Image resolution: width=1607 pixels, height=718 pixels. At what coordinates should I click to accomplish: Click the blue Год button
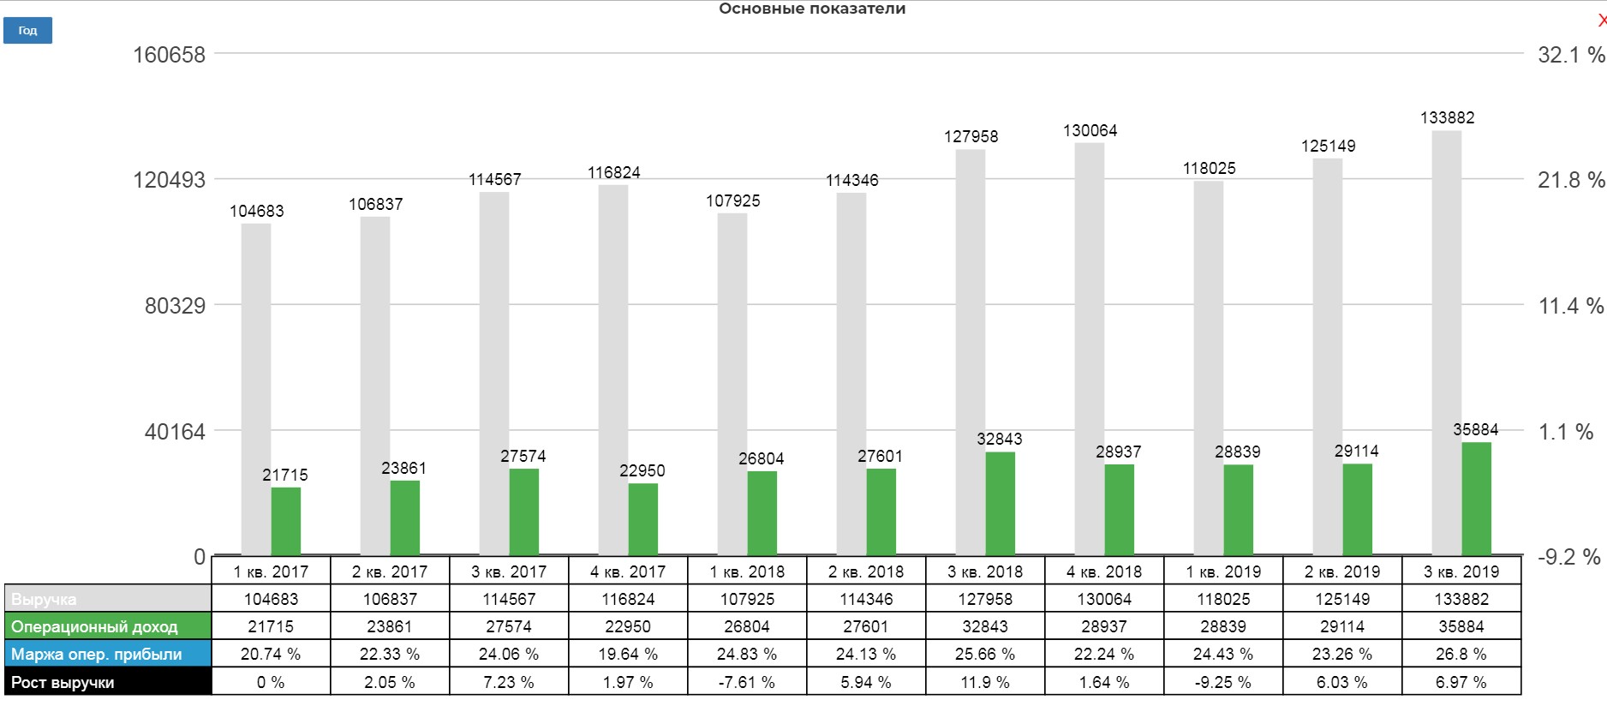[27, 31]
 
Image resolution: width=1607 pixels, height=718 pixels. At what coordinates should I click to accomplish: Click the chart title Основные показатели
[811, 9]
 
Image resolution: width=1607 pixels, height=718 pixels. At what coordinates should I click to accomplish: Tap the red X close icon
[1601, 21]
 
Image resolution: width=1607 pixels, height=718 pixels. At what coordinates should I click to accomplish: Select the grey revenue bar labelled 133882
[1447, 343]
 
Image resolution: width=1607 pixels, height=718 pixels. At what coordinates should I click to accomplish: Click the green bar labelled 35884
[1476, 499]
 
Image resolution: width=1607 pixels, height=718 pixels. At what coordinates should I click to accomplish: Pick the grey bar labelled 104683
[256, 389]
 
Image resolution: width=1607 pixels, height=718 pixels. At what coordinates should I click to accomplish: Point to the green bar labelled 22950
[642, 519]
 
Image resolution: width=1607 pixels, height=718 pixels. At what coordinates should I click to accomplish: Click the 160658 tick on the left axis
[169, 55]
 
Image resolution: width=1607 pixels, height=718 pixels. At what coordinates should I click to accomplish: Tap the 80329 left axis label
[175, 306]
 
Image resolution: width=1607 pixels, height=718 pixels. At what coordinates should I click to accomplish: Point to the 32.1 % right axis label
[1570, 55]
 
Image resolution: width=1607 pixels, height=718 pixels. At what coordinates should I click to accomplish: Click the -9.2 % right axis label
[1568, 557]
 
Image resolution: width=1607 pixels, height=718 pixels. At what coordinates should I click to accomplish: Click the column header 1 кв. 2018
[747, 571]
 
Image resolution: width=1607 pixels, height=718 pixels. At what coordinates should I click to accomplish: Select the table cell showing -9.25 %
[1223, 682]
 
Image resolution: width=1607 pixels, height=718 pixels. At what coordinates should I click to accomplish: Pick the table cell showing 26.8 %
[1461, 655]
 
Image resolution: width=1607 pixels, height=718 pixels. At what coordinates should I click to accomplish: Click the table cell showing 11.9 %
[985, 682]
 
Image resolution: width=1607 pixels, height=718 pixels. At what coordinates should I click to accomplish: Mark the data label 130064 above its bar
[1090, 130]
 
